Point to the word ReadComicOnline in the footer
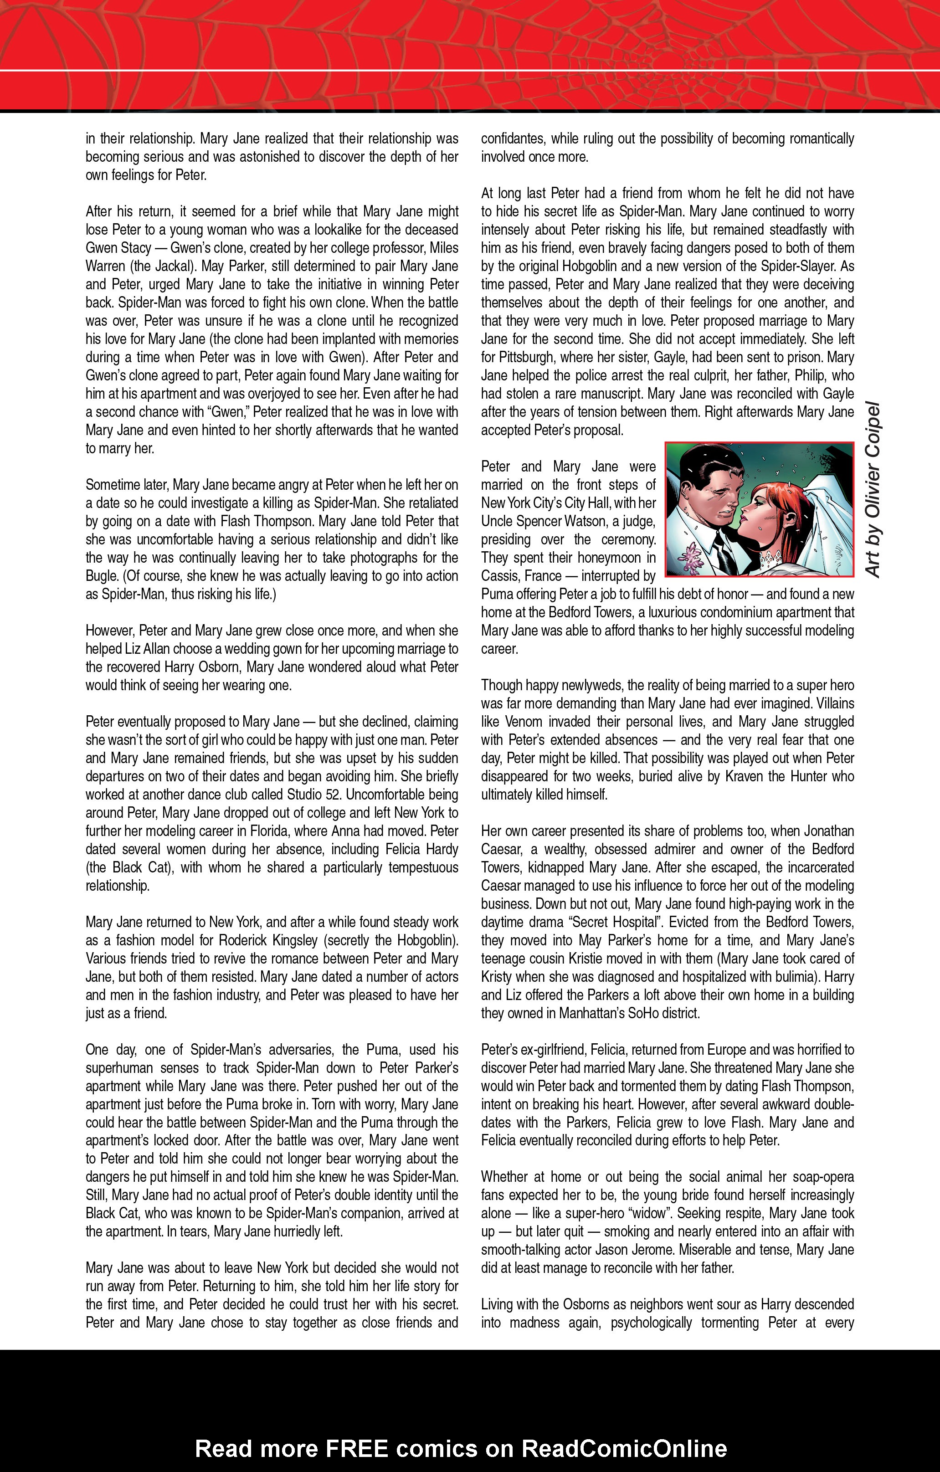point(623,1448)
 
